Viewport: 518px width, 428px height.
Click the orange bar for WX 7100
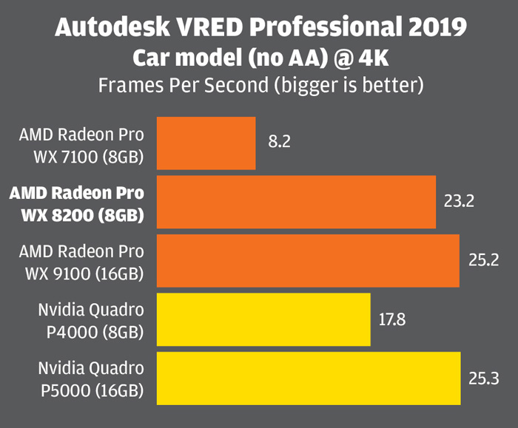206,143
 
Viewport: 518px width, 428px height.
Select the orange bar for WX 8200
296,202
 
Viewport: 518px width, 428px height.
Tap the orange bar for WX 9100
308,260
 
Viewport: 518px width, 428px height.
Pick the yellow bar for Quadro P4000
263,319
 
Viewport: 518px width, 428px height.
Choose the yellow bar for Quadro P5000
309,378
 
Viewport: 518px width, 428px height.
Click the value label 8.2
280,141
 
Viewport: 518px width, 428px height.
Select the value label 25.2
483,259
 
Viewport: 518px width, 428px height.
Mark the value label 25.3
484,378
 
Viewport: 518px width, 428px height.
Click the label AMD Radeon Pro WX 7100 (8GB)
82,146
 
